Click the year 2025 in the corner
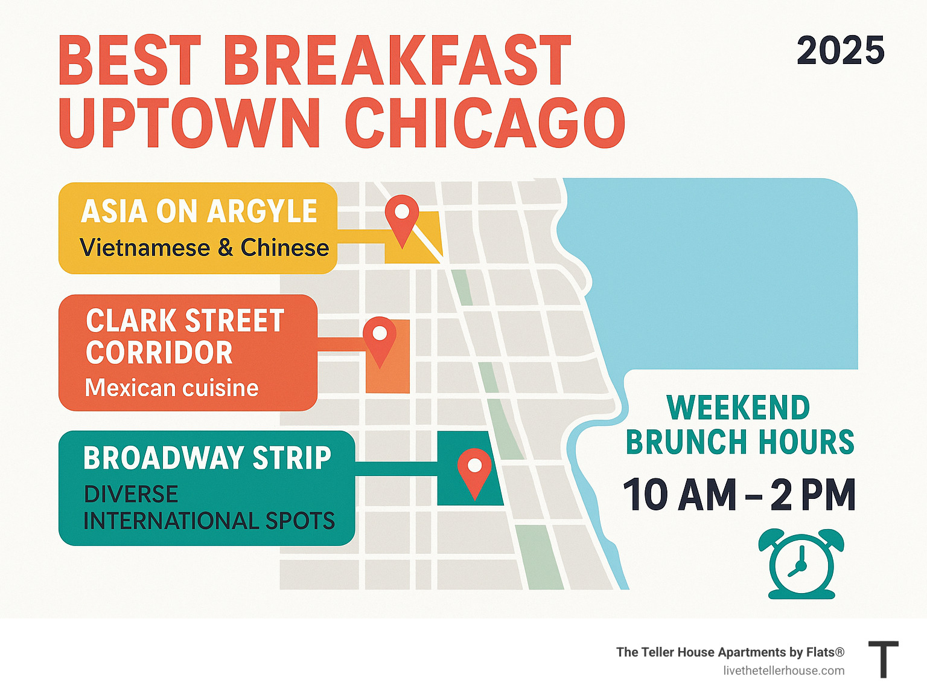[x=840, y=51]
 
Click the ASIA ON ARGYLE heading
[x=199, y=211]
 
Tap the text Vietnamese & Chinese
[x=204, y=248]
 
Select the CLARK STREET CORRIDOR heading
[x=184, y=336]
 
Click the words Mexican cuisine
[x=171, y=388]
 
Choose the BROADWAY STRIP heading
[x=207, y=458]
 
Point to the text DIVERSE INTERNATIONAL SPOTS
[x=208, y=507]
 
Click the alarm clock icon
[x=801, y=564]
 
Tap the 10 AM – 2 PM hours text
[x=739, y=495]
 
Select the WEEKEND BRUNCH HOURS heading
[x=739, y=425]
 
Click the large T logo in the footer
[x=883, y=660]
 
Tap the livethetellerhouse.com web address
[x=783, y=670]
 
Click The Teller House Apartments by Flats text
[x=730, y=652]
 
